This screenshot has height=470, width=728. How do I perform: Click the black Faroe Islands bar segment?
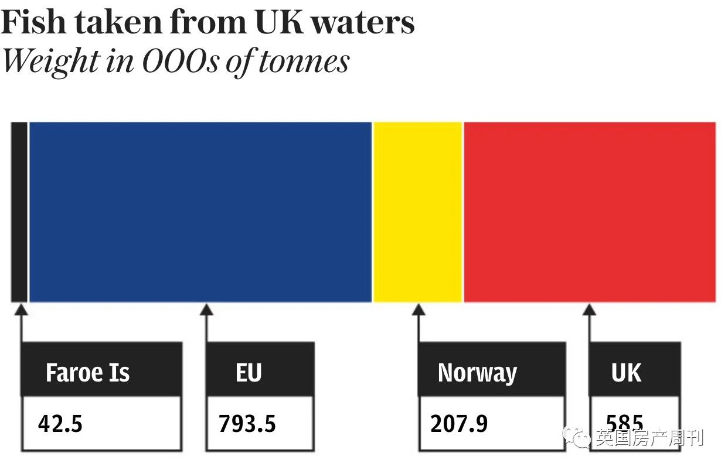click(x=19, y=212)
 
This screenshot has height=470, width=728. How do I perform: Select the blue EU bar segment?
click(x=200, y=212)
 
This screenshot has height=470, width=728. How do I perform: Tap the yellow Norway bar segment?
click(x=418, y=212)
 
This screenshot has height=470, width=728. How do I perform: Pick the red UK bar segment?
click(x=590, y=212)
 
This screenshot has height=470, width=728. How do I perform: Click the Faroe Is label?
click(x=88, y=373)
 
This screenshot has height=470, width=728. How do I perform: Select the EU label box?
click(x=249, y=373)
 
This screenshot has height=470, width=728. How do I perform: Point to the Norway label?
click(x=477, y=373)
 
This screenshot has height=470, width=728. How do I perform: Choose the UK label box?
click(x=626, y=373)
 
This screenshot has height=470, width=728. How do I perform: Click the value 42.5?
click(x=60, y=424)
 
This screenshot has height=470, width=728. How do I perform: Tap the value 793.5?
click(x=247, y=424)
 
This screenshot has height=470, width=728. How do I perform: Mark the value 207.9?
click(x=459, y=424)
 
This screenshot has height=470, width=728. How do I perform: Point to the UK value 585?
click(x=625, y=423)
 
